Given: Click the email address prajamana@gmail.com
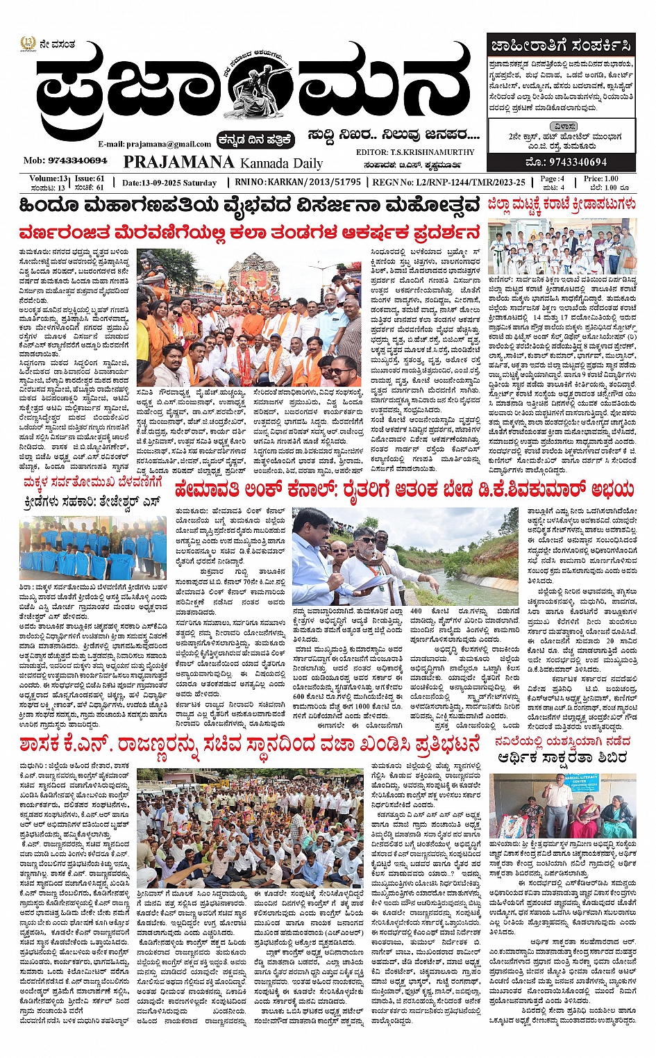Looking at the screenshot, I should pyautogui.click(x=154, y=144).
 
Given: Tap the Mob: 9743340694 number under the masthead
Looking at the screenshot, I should pyautogui.click(x=65, y=160).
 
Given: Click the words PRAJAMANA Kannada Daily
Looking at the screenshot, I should pyautogui.click(x=223, y=163).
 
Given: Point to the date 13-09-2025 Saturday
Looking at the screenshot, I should pyautogui.click(x=169, y=183).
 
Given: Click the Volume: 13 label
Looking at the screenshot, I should pyautogui.click(x=49, y=179).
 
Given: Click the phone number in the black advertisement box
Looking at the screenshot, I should pyautogui.click(x=561, y=163).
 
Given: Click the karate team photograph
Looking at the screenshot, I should pyautogui.click(x=561, y=247).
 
